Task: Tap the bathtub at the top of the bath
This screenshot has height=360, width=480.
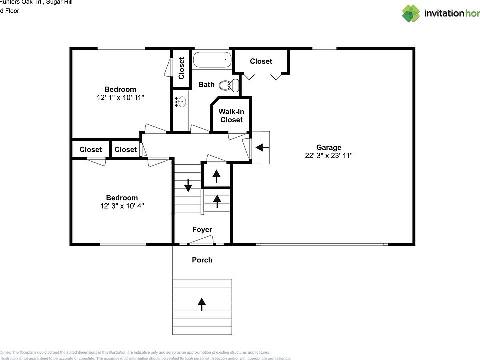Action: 212,60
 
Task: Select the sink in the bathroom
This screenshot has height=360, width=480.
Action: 181,102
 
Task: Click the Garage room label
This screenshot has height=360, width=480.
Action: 329,147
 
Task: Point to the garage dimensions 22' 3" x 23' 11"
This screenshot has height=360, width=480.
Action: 329,155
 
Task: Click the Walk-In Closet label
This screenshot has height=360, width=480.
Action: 231,116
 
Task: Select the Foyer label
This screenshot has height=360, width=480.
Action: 202,230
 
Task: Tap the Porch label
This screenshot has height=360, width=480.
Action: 202,260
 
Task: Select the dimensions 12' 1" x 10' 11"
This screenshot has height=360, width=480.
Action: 120,98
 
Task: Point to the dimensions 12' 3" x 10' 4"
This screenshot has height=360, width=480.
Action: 121,206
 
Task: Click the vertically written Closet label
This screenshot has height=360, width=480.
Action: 181,68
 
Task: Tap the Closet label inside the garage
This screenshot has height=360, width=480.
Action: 261,61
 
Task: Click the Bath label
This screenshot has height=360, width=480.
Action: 206,84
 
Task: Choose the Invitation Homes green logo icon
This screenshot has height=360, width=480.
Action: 411,13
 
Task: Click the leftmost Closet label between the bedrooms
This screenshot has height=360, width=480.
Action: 90,149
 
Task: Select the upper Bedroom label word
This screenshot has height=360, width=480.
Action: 120,90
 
